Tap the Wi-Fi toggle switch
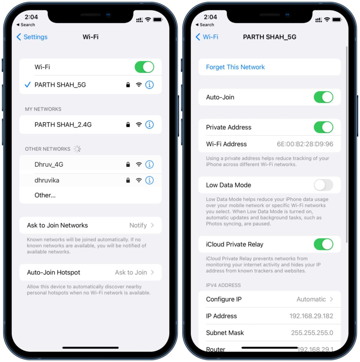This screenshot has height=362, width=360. (x=144, y=67)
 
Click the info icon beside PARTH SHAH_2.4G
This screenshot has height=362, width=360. (x=149, y=125)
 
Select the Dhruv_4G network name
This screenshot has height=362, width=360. (x=49, y=165)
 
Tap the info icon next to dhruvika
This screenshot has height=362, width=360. (x=149, y=180)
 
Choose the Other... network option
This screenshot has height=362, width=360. (x=45, y=195)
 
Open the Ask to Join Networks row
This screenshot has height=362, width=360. (x=90, y=225)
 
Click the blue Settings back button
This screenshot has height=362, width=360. (x=32, y=37)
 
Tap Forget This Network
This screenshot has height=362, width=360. (x=235, y=67)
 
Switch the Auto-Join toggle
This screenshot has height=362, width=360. (x=323, y=97)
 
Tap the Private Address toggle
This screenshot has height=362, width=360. (x=323, y=127)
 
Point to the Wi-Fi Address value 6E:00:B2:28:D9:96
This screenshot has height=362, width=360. (x=305, y=144)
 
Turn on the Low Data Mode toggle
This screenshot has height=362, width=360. (x=323, y=185)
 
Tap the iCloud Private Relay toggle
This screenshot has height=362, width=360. (x=323, y=244)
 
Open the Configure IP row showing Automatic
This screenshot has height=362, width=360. (x=269, y=299)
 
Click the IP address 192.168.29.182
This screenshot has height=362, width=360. (x=311, y=316)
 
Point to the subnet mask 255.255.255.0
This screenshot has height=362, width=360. (x=312, y=333)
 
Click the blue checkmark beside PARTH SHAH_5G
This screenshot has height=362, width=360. (x=28, y=85)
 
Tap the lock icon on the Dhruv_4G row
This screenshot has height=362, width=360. (x=128, y=165)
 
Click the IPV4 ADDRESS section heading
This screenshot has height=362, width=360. (x=223, y=285)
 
